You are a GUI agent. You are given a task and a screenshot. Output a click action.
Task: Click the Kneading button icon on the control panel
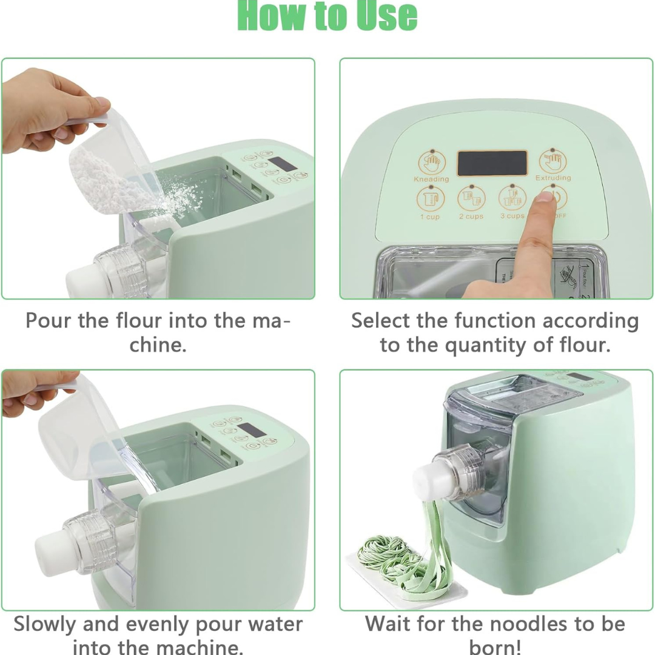(x=431, y=162)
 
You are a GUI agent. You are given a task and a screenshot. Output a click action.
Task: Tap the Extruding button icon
(x=553, y=161)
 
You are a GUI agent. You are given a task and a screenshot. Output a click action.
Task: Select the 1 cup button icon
(x=430, y=199)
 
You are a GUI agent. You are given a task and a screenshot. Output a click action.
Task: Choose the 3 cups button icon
(x=511, y=198)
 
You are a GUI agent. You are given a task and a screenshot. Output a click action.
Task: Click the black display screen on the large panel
(x=491, y=163)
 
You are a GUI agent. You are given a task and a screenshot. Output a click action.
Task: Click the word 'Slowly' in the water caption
(x=45, y=624)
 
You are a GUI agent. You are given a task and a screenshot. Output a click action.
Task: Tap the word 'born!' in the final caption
(x=495, y=647)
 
